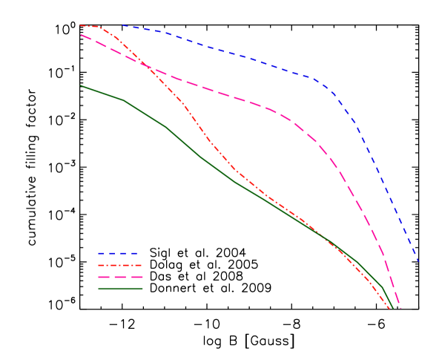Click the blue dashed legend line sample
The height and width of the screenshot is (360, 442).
119,254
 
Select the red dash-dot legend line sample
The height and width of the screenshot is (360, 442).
119,265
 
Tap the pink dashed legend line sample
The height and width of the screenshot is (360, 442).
119,277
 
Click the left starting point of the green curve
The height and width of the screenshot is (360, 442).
81,85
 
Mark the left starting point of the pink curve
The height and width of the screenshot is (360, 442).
81,34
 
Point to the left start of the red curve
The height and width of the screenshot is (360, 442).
80,25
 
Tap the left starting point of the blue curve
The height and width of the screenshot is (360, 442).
123,25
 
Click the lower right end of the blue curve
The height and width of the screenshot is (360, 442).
418,261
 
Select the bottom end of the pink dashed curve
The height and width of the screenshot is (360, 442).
400,307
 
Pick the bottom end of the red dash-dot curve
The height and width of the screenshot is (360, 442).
390,309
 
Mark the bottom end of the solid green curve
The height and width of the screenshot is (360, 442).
392,307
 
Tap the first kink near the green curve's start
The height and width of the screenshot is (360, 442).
123,100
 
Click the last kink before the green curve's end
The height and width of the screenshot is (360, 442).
382,287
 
